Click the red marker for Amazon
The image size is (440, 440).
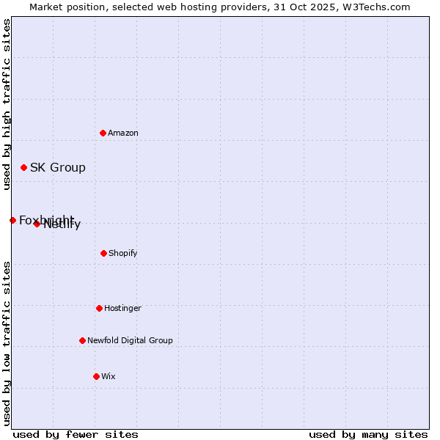(103, 133)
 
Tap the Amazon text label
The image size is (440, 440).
(123, 133)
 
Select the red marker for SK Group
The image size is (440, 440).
(23, 167)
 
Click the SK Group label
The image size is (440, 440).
(58, 168)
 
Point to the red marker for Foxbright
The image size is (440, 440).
(12, 220)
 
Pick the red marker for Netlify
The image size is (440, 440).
(37, 224)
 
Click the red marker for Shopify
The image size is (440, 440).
(103, 253)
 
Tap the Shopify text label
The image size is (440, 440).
(123, 254)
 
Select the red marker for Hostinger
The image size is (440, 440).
(99, 308)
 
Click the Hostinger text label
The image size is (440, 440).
(122, 309)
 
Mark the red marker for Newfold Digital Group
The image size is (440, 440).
(82, 340)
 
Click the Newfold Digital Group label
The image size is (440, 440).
(131, 341)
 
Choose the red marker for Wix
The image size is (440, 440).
(96, 376)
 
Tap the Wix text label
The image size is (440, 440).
(109, 377)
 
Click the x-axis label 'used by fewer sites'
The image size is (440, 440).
(76, 434)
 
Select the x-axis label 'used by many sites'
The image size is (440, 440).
(368, 434)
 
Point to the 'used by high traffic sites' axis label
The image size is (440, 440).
(7, 104)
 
